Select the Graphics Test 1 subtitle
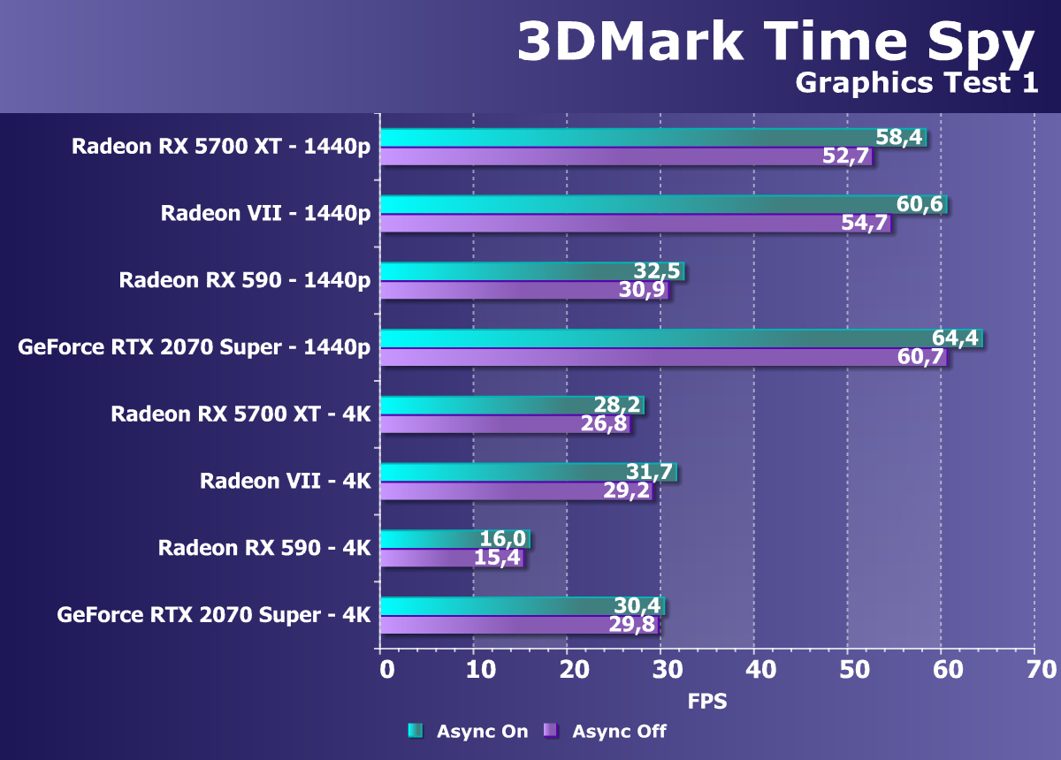click(x=915, y=83)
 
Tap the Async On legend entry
click(x=468, y=731)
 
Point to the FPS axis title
click(x=707, y=702)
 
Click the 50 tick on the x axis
click(x=847, y=669)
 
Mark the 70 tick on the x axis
click(x=1034, y=669)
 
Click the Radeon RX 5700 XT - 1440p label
click(x=221, y=147)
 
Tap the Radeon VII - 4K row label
click(x=285, y=481)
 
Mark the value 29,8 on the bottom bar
click(x=633, y=626)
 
